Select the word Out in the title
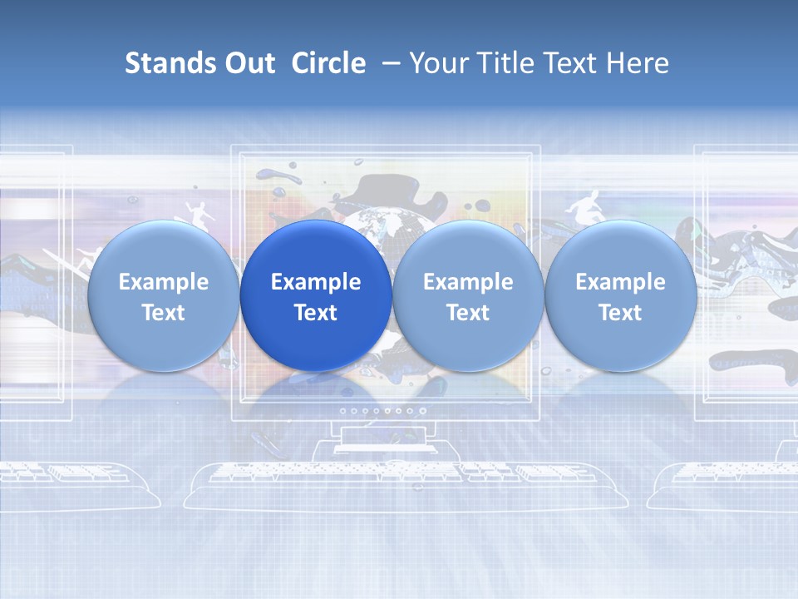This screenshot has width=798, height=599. click(249, 63)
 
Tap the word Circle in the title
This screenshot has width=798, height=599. click(328, 63)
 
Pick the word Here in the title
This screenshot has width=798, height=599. click(638, 63)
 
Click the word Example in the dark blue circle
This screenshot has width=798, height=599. click(316, 282)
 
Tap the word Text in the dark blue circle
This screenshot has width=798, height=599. click(316, 313)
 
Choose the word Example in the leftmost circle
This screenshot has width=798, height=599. click(164, 282)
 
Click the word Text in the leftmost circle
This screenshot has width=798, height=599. click(164, 313)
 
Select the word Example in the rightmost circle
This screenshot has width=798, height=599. click(621, 282)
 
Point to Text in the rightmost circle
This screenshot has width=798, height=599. click(621, 313)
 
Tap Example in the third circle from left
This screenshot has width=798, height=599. click(468, 282)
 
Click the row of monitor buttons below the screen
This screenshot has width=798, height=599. click(377, 410)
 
